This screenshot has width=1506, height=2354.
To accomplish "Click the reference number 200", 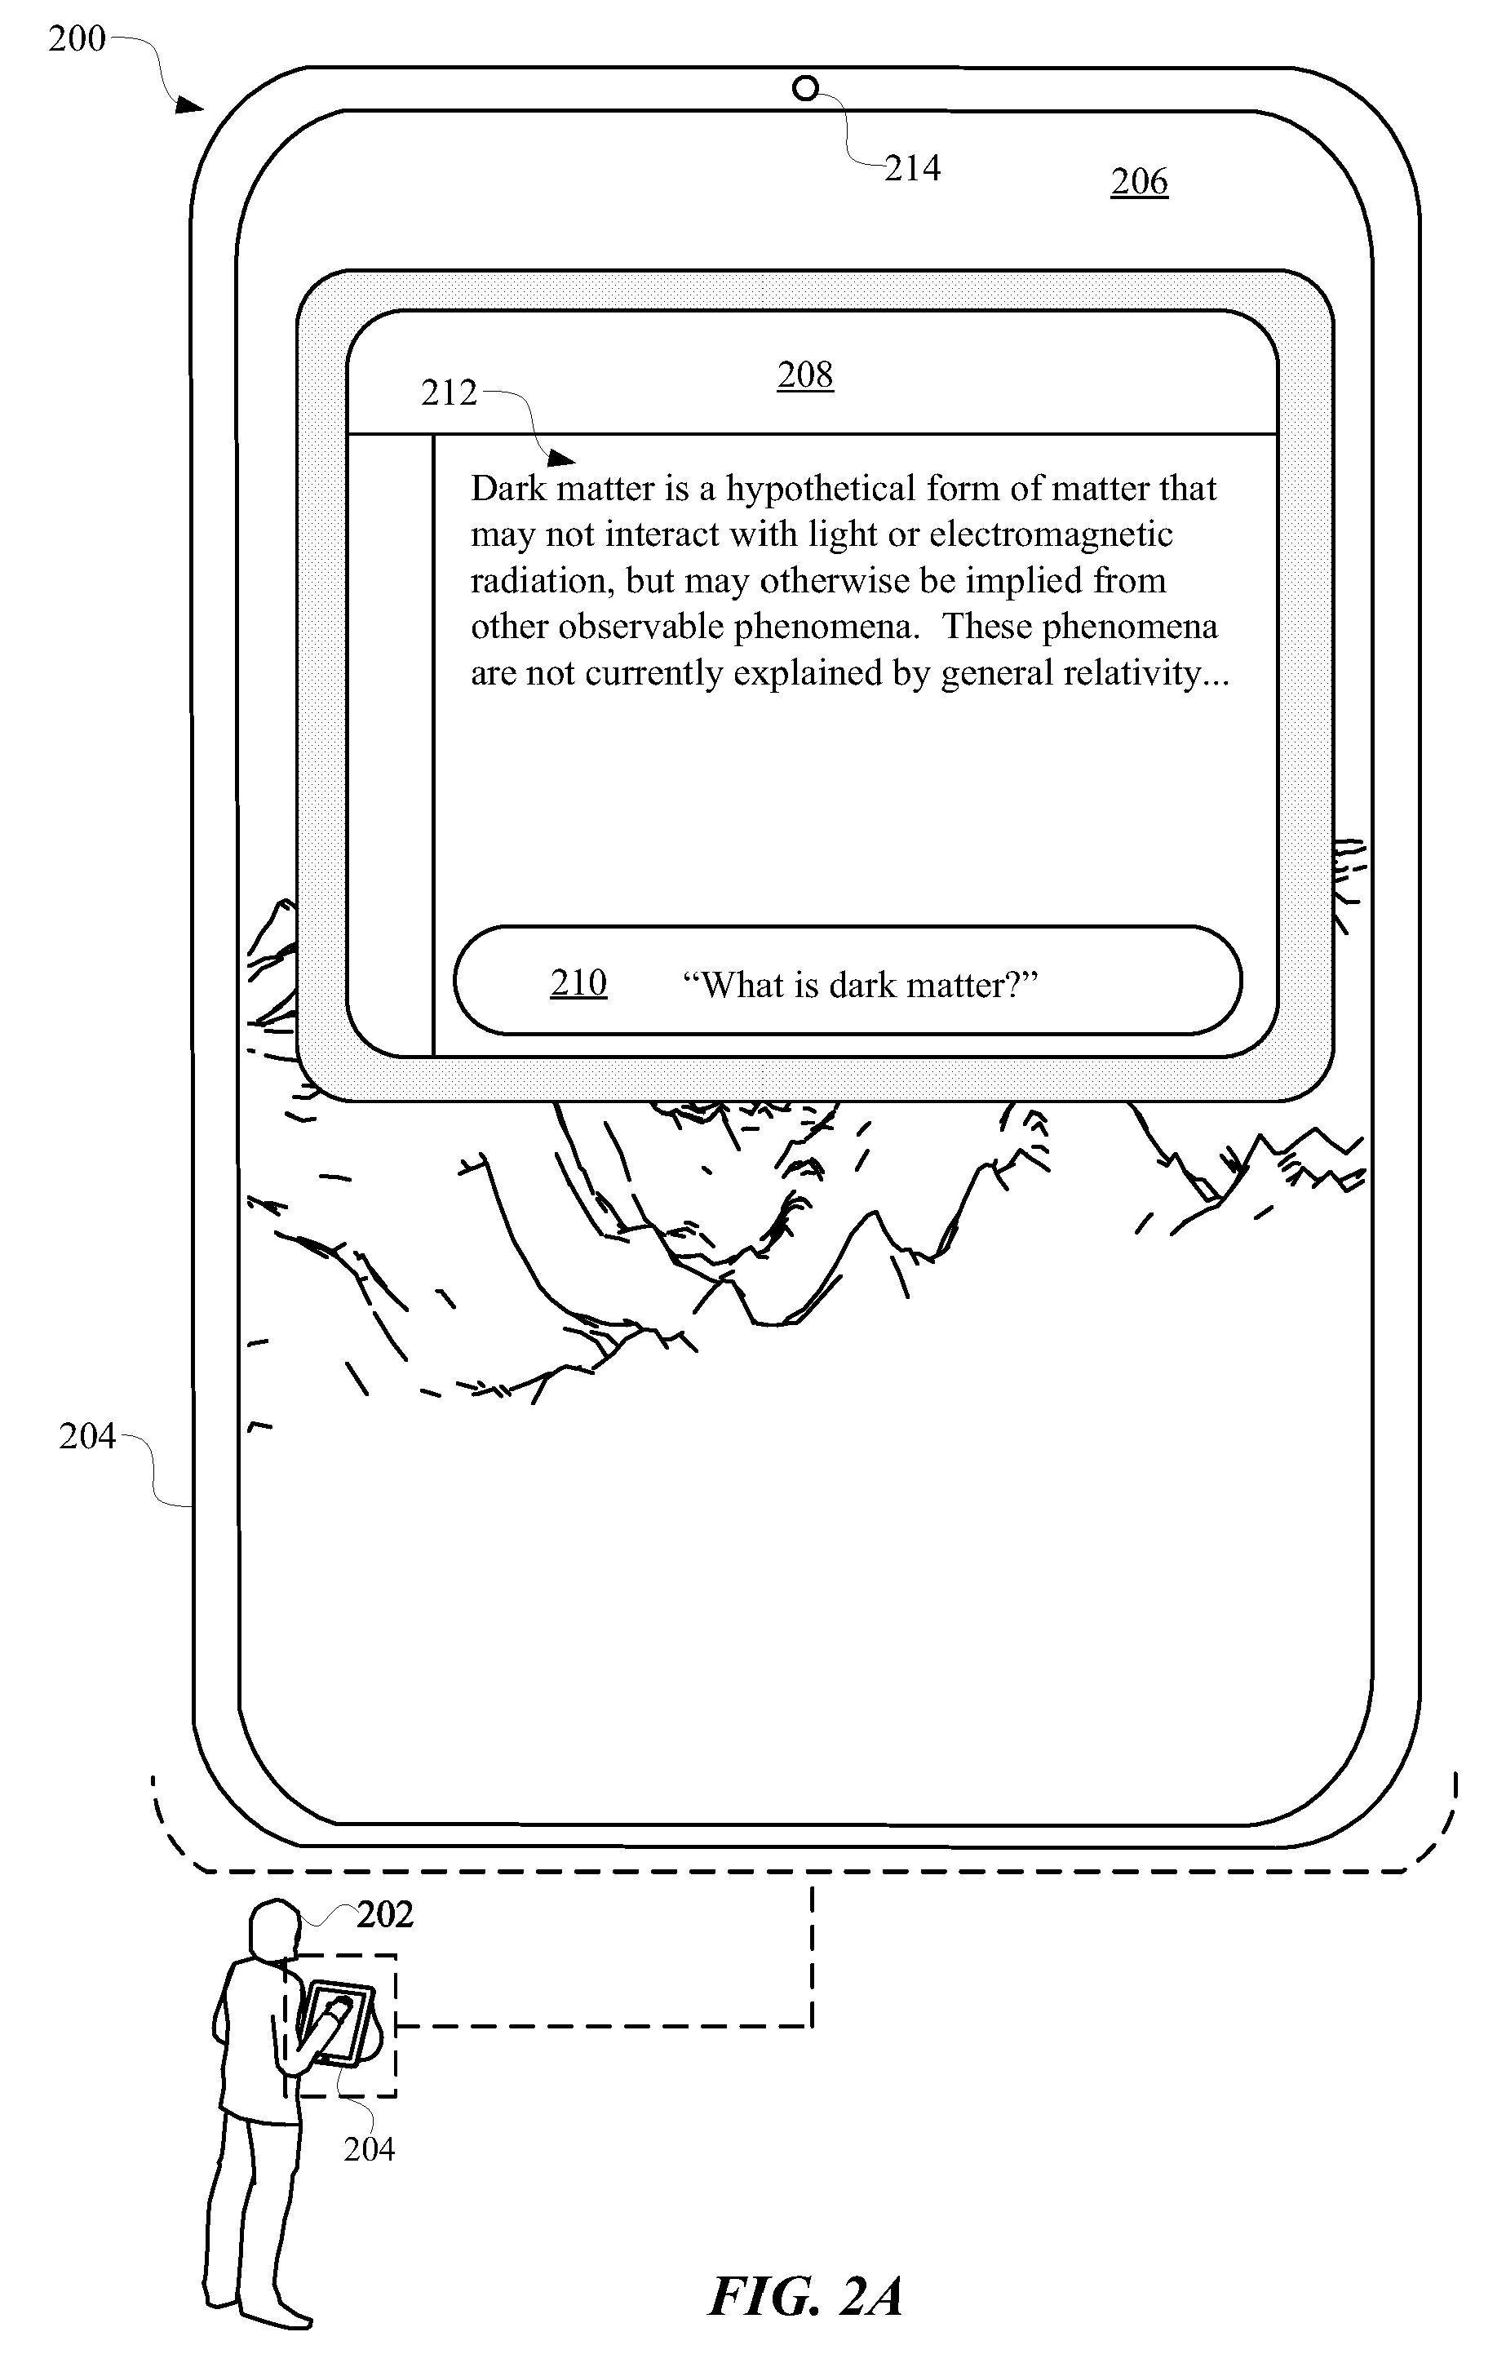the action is pos(78,39).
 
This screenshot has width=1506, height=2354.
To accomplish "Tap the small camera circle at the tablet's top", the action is pos(805,89).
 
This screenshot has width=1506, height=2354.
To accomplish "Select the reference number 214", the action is pos(912,168).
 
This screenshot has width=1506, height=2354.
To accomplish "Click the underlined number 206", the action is pos(1139,182).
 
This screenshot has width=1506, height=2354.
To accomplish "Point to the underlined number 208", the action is pos(806,375).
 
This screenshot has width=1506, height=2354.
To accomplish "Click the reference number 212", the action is pos(449,393).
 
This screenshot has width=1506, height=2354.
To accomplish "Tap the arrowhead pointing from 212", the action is pos(561,458).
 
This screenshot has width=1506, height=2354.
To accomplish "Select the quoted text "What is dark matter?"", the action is pos(860,985).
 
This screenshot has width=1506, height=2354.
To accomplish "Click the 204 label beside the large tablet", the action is pos(87,1437).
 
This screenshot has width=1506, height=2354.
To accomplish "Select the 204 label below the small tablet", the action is pos(369,2149).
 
